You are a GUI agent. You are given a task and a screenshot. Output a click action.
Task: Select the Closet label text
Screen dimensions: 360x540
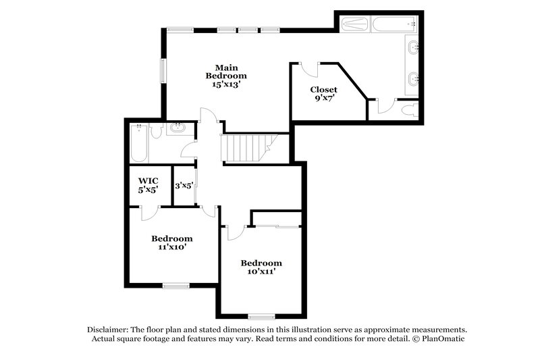tap(323, 89)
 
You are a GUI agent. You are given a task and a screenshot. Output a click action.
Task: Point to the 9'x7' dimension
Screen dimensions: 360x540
tap(323, 98)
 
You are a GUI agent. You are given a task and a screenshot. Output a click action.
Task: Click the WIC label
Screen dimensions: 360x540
tap(148, 181)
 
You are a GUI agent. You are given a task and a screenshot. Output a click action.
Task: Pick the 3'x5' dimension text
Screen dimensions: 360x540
tap(184, 185)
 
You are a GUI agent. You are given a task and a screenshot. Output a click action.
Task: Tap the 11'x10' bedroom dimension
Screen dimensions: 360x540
tap(171, 247)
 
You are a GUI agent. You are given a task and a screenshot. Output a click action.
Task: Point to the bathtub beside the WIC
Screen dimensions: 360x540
tap(138, 144)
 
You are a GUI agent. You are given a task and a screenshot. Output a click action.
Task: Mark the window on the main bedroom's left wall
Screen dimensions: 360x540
tap(162, 70)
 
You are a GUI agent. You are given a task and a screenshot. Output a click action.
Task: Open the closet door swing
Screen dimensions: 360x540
tap(310, 70)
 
